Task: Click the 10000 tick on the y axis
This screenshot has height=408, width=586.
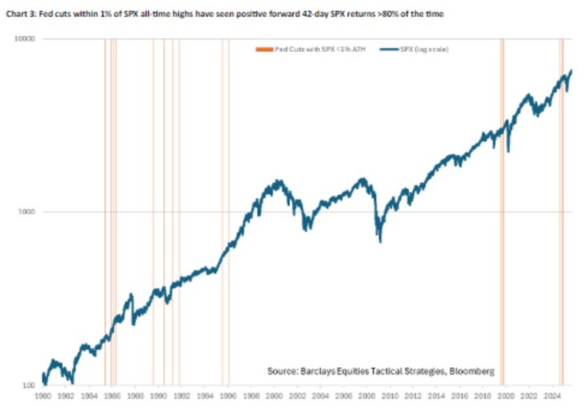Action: [x=25, y=39]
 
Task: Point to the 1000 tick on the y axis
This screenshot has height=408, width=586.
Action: [x=27, y=212]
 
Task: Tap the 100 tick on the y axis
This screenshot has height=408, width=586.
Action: [x=29, y=385]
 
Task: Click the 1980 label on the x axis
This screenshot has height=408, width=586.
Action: [x=43, y=394]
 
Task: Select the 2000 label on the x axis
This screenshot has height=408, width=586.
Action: [x=274, y=394]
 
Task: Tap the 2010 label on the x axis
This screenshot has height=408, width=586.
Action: [x=390, y=394]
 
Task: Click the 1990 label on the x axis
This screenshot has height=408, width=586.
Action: [x=158, y=394]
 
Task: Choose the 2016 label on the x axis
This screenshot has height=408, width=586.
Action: [x=460, y=394]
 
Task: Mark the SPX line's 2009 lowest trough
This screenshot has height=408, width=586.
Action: [x=380, y=241]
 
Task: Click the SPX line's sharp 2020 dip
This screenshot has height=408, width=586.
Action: [x=507, y=151]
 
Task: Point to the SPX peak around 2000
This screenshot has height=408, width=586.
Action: [x=276, y=182]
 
